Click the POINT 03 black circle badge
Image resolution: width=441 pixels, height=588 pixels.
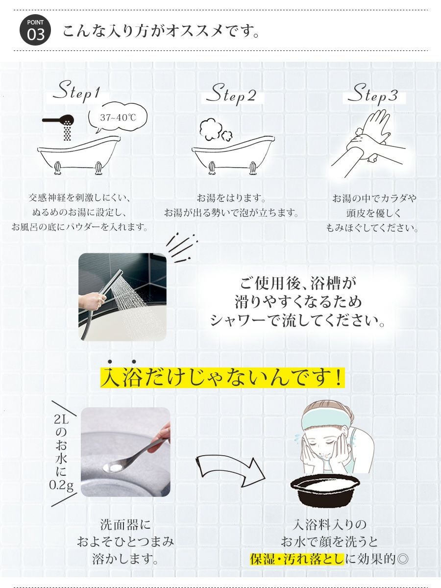click(x=35, y=30)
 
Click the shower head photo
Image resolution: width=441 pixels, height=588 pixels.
click(x=122, y=297)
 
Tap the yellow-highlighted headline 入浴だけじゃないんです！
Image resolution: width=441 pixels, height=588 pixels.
click(x=222, y=377)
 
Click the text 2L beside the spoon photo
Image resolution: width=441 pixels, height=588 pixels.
click(x=61, y=419)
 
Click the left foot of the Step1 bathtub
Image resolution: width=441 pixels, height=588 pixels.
click(x=57, y=168)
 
